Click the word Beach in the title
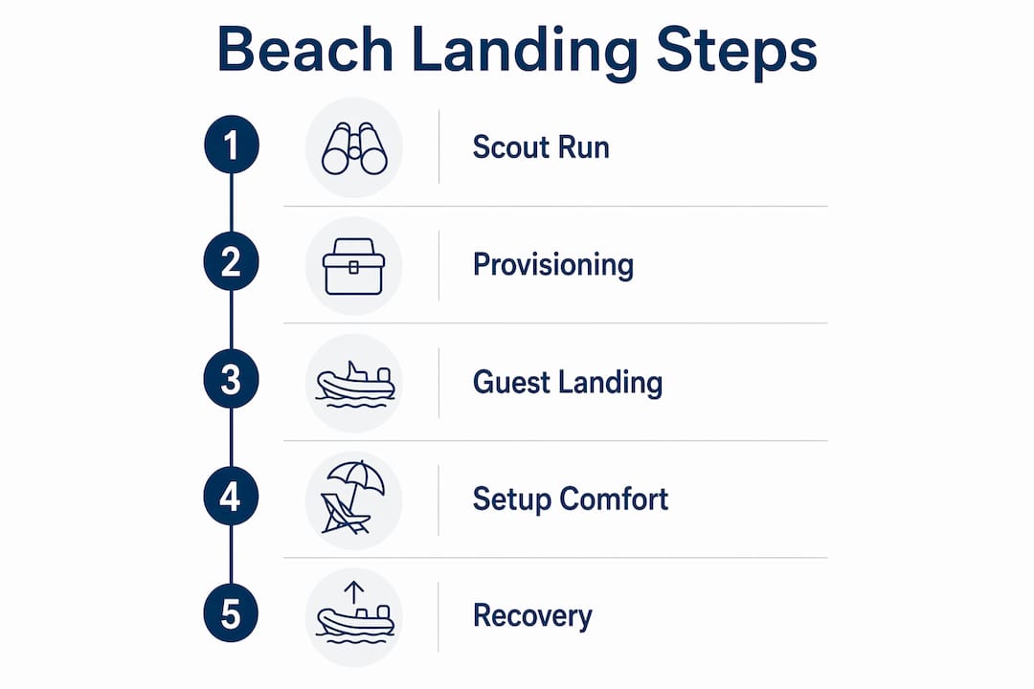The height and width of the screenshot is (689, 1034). [x=305, y=50]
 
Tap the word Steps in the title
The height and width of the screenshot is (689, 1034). [x=736, y=53]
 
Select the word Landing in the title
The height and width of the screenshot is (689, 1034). [x=525, y=53]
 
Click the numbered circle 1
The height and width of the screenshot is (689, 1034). [x=232, y=144]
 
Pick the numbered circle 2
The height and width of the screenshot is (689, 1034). [x=231, y=262]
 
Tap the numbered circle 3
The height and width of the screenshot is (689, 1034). [x=231, y=379]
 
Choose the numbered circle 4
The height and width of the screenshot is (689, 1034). [x=231, y=497]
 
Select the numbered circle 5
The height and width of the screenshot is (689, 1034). [x=231, y=613]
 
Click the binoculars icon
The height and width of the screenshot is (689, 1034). [x=354, y=148]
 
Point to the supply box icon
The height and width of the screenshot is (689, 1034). [x=353, y=266]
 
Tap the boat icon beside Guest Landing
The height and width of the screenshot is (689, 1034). [x=355, y=384]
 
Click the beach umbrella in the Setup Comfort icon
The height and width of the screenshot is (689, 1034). [x=355, y=481]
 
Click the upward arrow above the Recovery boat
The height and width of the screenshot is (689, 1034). [x=354, y=592]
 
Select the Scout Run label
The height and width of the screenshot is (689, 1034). [x=541, y=147]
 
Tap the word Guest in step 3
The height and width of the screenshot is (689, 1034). [x=510, y=383]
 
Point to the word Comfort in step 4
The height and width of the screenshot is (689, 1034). [x=614, y=500]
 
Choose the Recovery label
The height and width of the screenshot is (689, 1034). [x=532, y=616]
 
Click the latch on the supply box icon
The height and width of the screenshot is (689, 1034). [x=353, y=267]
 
